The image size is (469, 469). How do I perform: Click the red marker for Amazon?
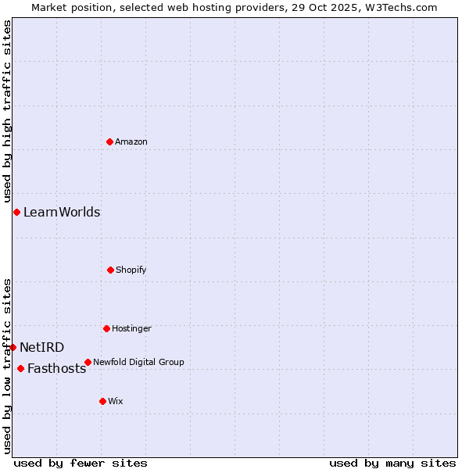110,141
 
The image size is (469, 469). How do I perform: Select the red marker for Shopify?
110,270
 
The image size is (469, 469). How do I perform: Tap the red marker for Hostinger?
106,328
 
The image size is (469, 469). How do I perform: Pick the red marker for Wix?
102,401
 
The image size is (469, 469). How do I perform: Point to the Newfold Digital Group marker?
88,362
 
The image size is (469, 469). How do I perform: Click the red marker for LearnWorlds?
16,212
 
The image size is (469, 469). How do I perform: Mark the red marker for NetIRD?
13,347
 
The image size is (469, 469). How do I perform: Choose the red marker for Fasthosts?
20,368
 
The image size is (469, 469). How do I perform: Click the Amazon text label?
131,141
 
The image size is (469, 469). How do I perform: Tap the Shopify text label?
131,270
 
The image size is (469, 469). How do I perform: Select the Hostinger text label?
131,328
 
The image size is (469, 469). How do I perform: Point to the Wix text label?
116,401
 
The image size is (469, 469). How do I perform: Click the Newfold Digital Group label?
138,362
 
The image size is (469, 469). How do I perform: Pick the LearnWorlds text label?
62,212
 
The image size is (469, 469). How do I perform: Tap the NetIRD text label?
42,347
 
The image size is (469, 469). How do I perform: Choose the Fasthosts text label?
56,369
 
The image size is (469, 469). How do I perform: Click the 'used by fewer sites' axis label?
81,463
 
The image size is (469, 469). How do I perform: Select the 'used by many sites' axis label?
392,463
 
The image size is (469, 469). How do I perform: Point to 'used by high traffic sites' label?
7,106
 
